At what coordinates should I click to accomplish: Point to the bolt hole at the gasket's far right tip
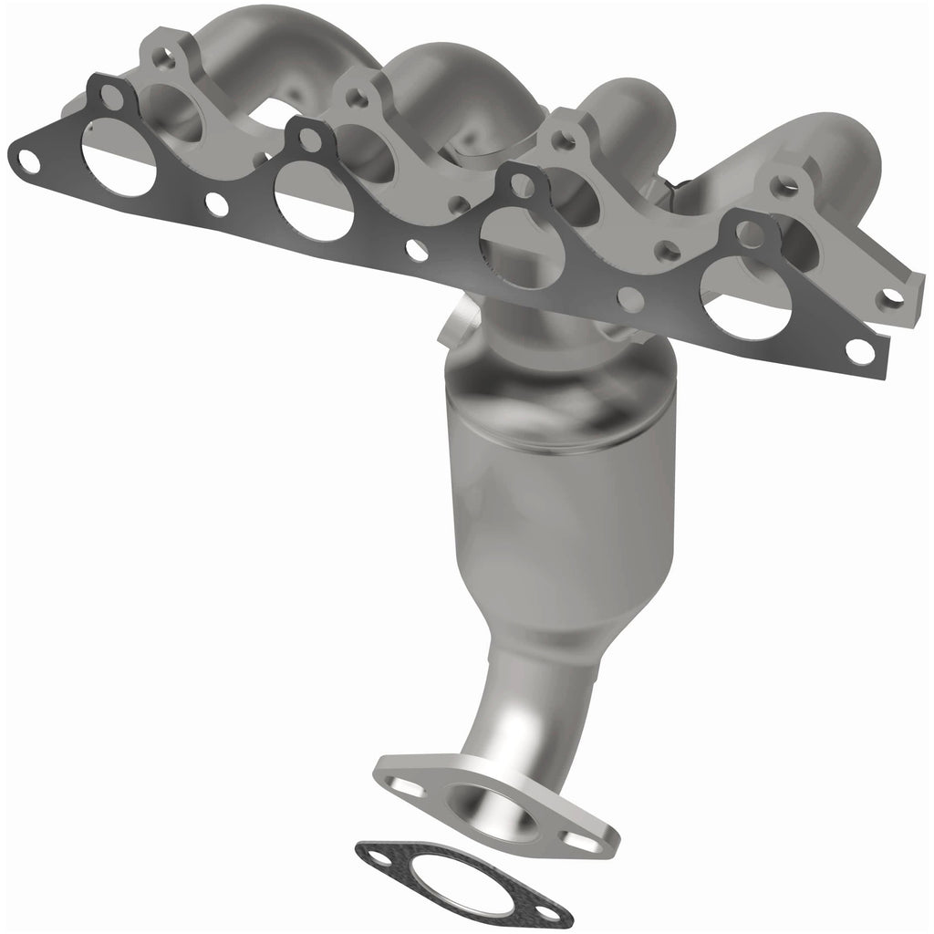(857, 349)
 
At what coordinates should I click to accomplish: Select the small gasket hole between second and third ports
(415, 247)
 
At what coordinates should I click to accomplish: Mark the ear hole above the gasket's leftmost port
(111, 94)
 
